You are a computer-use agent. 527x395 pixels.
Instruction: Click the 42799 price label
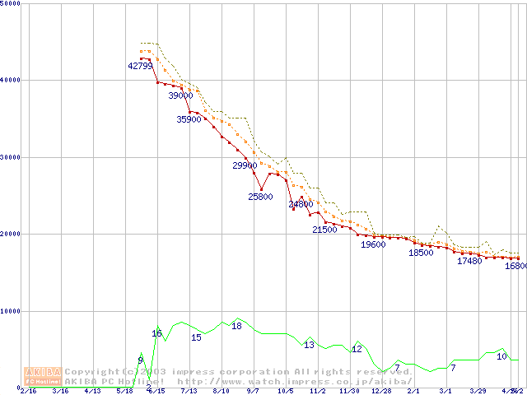[141, 66]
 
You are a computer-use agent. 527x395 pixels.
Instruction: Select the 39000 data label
[180, 95]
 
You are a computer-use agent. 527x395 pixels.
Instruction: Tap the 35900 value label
[189, 119]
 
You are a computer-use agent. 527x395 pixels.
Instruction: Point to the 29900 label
[245, 165]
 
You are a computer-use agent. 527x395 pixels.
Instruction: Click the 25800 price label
[260, 197]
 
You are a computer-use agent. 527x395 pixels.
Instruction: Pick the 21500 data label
[324, 230]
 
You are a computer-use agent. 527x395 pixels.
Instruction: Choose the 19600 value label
[373, 244]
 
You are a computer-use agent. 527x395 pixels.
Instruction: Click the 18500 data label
[421, 253]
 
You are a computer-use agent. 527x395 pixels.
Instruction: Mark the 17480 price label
[469, 261]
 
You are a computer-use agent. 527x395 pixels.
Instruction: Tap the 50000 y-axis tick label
[11, 3]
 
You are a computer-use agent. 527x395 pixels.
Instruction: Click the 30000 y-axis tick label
[11, 157]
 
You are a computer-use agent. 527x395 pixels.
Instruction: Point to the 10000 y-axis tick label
[11, 311]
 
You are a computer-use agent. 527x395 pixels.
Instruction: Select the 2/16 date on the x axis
[28, 391]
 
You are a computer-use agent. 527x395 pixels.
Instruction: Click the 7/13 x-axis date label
[189, 391]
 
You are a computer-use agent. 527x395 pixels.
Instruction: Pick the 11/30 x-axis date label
[349, 391]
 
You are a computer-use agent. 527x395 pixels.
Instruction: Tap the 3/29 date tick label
[478, 391]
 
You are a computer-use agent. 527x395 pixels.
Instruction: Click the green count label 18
[236, 326]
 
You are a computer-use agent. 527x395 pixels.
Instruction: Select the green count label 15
[196, 337]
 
